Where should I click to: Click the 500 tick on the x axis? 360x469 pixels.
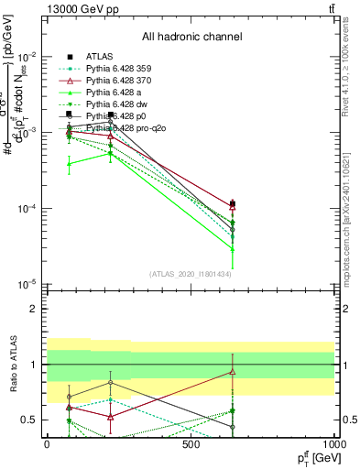(x=191, y=444)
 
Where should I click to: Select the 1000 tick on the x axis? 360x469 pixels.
(x=333, y=444)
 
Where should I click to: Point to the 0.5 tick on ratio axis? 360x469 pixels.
(x=29, y=420)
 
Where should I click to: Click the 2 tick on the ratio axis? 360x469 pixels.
(x=33, y=309)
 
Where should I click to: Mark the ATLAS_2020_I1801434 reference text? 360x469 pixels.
(x=191, y=274)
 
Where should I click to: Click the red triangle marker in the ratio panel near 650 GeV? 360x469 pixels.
(x=233, y=371)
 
